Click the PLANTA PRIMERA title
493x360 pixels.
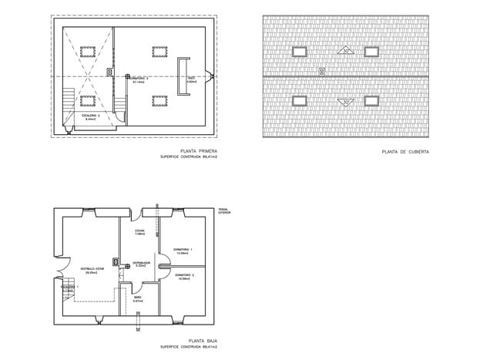tap(198, 150)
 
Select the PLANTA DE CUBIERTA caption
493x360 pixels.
tap(405, 152)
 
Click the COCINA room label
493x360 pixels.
tap(139, 232)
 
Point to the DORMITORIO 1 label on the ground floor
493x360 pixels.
tap(183, 251)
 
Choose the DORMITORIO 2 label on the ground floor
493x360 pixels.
tap(183, 276)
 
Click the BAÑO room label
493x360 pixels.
tap(138, 298)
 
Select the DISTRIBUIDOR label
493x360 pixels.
tap(141, 264)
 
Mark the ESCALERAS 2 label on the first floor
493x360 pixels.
tap(90, 117)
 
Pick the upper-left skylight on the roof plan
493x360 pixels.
tap(299, 51)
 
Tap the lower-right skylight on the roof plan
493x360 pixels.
tap(371, 100)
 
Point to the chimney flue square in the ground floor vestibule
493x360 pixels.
tap(115, 261)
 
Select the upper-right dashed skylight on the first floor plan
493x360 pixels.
tap(160, 51)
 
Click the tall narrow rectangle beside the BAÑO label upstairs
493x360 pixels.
tap(183, 76)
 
